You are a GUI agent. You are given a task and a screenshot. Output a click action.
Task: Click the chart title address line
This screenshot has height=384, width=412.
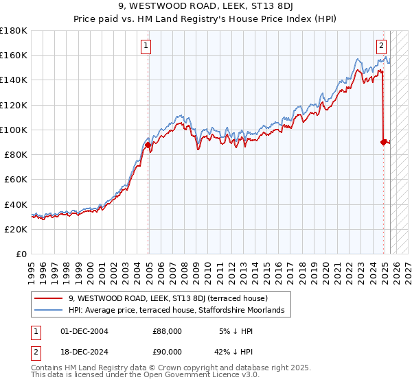tap(205, 8)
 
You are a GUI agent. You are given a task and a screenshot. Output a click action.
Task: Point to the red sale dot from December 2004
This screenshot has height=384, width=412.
tap(148, 145)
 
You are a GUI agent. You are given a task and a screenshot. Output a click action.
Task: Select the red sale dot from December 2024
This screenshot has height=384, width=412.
tap(383, 142)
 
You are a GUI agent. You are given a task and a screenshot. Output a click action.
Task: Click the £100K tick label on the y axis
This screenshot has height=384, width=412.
tap(14, 130)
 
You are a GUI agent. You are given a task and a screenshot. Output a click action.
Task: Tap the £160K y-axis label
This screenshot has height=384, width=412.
tap(14, 55)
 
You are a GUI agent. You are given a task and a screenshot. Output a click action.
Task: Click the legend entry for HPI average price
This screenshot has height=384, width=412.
tap(181, 311)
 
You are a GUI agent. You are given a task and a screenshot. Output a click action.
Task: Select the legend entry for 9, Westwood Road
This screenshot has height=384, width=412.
tap(172, 298)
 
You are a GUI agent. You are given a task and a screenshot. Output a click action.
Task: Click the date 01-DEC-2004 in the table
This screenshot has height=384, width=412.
tap(84, 331)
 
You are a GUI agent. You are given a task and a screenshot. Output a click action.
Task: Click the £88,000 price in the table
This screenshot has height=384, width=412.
tap(167, 331)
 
